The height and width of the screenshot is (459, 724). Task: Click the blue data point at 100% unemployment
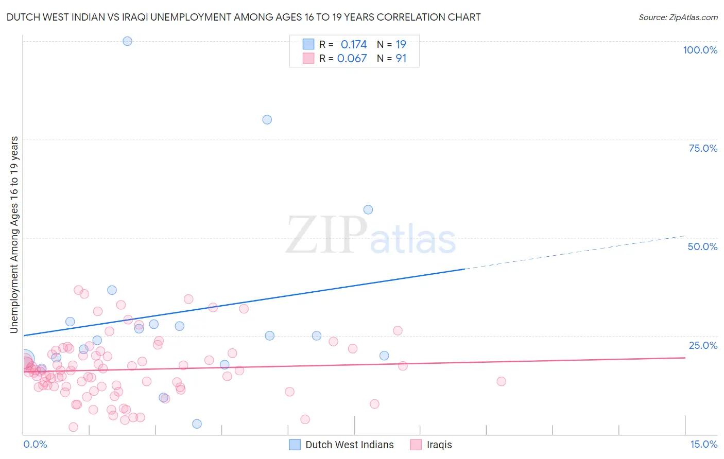pos(127,41)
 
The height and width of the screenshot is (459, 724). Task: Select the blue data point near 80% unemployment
pos(267,120)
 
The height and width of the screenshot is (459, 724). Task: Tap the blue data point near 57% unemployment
pos(368,209)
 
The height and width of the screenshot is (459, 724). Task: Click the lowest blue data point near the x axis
pos(197,424)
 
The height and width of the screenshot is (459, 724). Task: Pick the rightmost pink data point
pos(501,381)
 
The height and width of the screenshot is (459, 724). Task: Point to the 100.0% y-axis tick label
pos(700,50)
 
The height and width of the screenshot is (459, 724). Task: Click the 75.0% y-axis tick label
pos(702,148)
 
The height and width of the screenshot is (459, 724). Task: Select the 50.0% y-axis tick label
pos(702,246)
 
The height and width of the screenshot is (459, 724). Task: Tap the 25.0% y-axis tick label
pos(702,345)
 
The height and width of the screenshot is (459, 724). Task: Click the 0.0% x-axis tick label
pos(35,445)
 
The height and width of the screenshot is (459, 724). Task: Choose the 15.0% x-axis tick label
pos(703,445)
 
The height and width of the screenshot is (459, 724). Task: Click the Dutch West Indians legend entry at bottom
pos(349,445)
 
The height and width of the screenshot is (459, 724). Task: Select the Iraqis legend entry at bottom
pos(439,445)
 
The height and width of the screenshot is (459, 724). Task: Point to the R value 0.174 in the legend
pos(354,45)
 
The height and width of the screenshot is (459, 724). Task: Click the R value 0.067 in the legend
pos(352,59)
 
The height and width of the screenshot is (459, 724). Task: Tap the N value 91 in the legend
pos(401,59)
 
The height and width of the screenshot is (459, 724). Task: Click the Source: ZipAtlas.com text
pos(678,17)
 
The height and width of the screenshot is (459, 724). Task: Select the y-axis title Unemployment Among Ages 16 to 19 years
pos(14,235)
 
